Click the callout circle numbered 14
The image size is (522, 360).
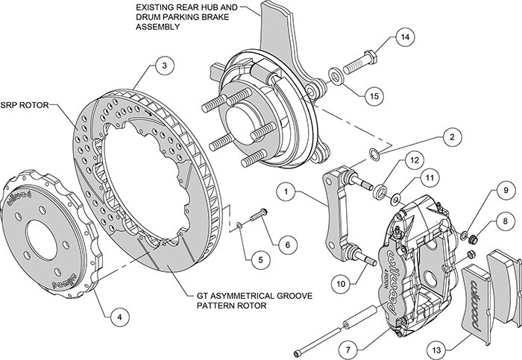[405, 37]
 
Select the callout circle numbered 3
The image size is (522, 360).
[165, 66]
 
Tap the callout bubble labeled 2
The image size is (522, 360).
[452, 136]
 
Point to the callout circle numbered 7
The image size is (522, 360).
[348, 350]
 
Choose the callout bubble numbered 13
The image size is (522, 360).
[436, 350]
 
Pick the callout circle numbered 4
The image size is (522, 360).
[119, 317]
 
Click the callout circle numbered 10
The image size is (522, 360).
[341, 284]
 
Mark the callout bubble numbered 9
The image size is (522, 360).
[506, 191]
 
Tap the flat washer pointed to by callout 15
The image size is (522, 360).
[336, 78]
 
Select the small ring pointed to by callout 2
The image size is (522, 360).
[374, 154]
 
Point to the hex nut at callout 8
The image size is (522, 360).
[473, 239]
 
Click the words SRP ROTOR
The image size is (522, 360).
[25, 105]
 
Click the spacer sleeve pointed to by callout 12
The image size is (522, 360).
[380, 192]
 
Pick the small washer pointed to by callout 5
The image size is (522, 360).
[239, 226]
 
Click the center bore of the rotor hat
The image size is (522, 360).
[42, 239]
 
